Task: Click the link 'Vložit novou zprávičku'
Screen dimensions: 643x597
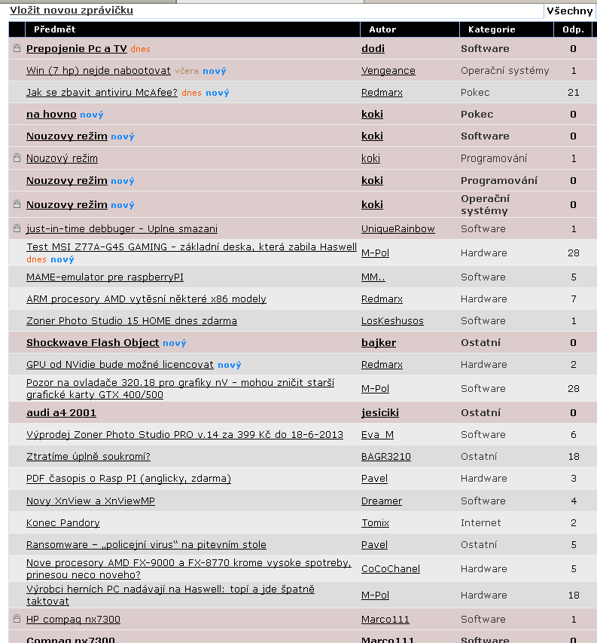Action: pos(72,11)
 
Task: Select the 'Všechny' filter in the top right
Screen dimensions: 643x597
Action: pos(570,11)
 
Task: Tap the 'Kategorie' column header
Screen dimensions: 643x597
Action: pos(492,29)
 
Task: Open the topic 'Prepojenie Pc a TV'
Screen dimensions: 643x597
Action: pos(76,49)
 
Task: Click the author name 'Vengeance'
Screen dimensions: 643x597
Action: pos(388,71)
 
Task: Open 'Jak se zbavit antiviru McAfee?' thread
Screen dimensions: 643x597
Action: pos(102,93)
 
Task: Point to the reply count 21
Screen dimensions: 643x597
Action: pos(573,93)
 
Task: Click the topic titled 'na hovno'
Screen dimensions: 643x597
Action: pos(51,115)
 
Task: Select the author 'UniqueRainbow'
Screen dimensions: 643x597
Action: pos(397,229)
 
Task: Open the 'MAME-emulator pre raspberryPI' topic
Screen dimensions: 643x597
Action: pos(105,277)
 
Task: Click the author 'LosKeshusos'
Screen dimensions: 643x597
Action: pos(392,321)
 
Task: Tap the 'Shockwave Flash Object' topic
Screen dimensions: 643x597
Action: pos(93,343)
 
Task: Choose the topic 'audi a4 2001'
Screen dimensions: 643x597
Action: pos(61,413)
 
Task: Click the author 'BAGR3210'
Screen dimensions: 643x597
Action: pos(385,457)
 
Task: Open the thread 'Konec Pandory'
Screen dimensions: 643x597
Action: pos(62,523)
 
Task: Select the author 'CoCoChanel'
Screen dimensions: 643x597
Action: pos(390,569)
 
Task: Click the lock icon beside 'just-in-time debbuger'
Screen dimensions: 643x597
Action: pos(17,228)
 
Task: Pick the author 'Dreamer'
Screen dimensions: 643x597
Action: pos(381,501)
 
